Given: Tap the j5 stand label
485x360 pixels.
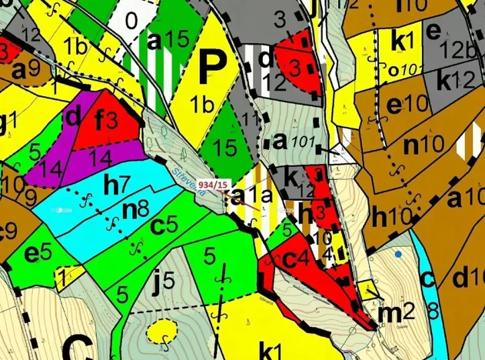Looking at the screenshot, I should pos(165,282).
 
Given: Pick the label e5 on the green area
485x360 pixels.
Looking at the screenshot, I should pos(38,251).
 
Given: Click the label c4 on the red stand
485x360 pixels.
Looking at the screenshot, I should pos(296,258).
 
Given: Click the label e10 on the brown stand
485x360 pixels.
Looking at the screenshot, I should pos(406,104).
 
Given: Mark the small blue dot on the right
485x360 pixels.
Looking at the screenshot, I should pos(398,253).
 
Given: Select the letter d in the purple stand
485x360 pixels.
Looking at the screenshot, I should pos(75,117).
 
